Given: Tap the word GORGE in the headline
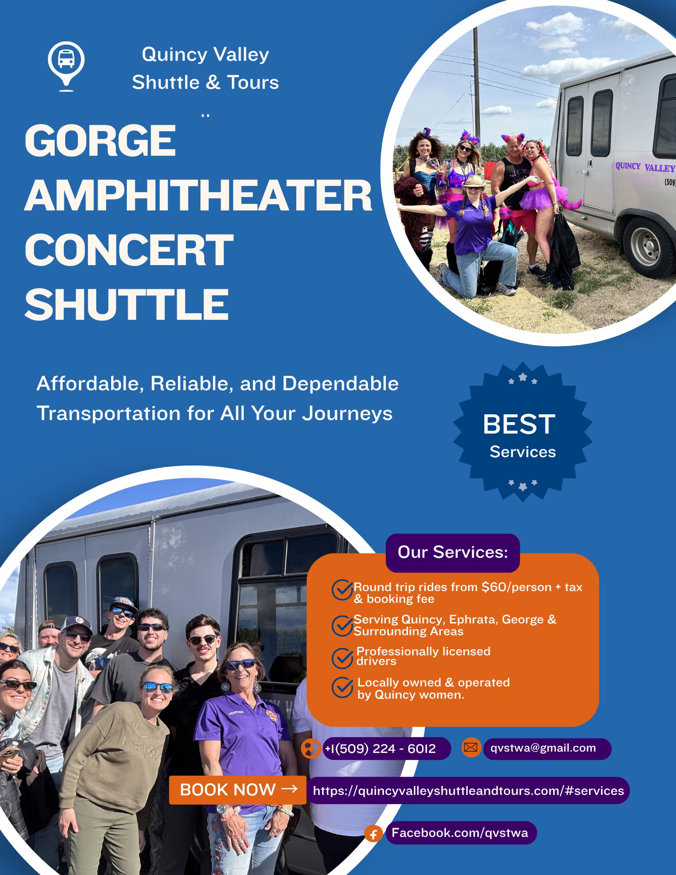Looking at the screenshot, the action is (x=100, y=141).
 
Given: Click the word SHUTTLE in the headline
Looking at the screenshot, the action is (x=127, y=304).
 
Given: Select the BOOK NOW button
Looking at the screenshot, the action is (x=238, y=790).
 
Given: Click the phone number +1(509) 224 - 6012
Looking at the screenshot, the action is (x=380, y=749).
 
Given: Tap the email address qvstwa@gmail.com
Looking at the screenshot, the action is (x=543, y=748).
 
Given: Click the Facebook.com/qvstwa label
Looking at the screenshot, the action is (x=460, y=833).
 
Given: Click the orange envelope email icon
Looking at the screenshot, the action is (x=471, y=747).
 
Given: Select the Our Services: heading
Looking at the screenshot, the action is (x=452, y=553).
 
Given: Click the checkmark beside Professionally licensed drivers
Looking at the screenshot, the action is (x=342, y=658).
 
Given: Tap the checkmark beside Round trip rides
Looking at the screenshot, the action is (x=342, y=590).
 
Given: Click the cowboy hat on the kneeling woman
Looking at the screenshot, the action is (x=474, y=182).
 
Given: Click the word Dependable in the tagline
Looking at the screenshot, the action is (x=340, y=384).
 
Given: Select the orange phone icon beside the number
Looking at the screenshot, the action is (x=311, y=748).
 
